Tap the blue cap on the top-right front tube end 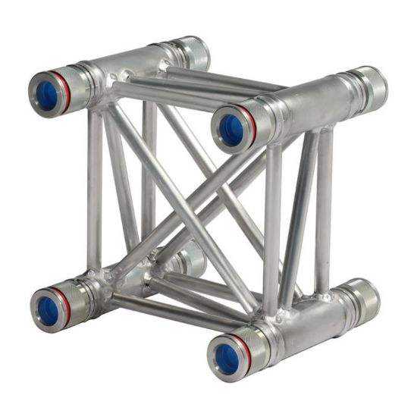(x=230, y=128)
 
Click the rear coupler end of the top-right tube (x=372, y=89)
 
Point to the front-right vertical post (x=272, y=227)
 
